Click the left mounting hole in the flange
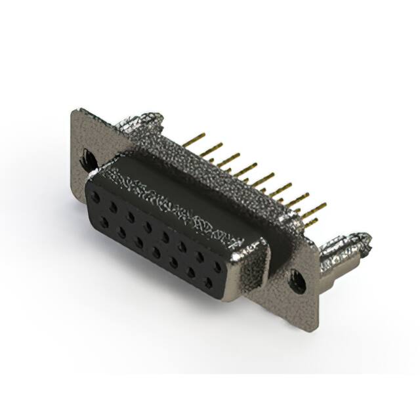click(87, 158)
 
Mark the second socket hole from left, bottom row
click(121, 230)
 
